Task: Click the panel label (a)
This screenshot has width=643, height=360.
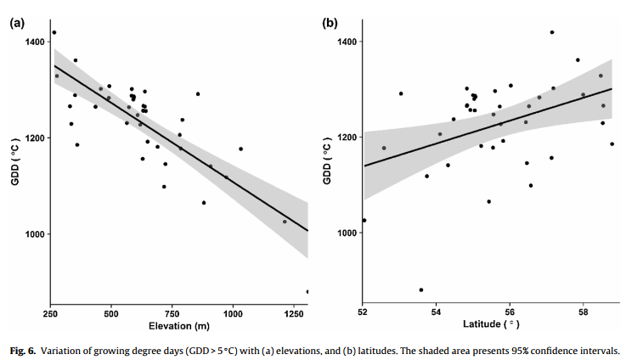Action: point(17,23)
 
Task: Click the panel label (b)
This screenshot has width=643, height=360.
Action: point(330,23)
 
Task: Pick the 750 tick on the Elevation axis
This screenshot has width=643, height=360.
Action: point(172,312)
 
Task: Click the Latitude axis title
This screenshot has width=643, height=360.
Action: point(491,325)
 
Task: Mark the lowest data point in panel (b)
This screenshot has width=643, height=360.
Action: point(420,290)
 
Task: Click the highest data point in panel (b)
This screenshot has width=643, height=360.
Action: point(552,32)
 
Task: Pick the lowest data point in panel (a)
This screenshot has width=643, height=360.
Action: point(307,291)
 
